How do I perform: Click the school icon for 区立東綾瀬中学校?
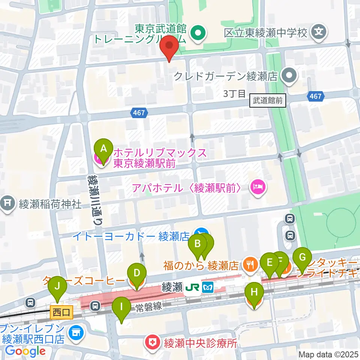point(319,32)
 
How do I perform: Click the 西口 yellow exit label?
point(61,312)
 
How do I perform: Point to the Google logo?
point(25,351)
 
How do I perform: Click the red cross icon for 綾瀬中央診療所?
point(153,343)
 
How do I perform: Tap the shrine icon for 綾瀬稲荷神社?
point(7,204)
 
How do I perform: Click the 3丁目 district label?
point(234,94)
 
